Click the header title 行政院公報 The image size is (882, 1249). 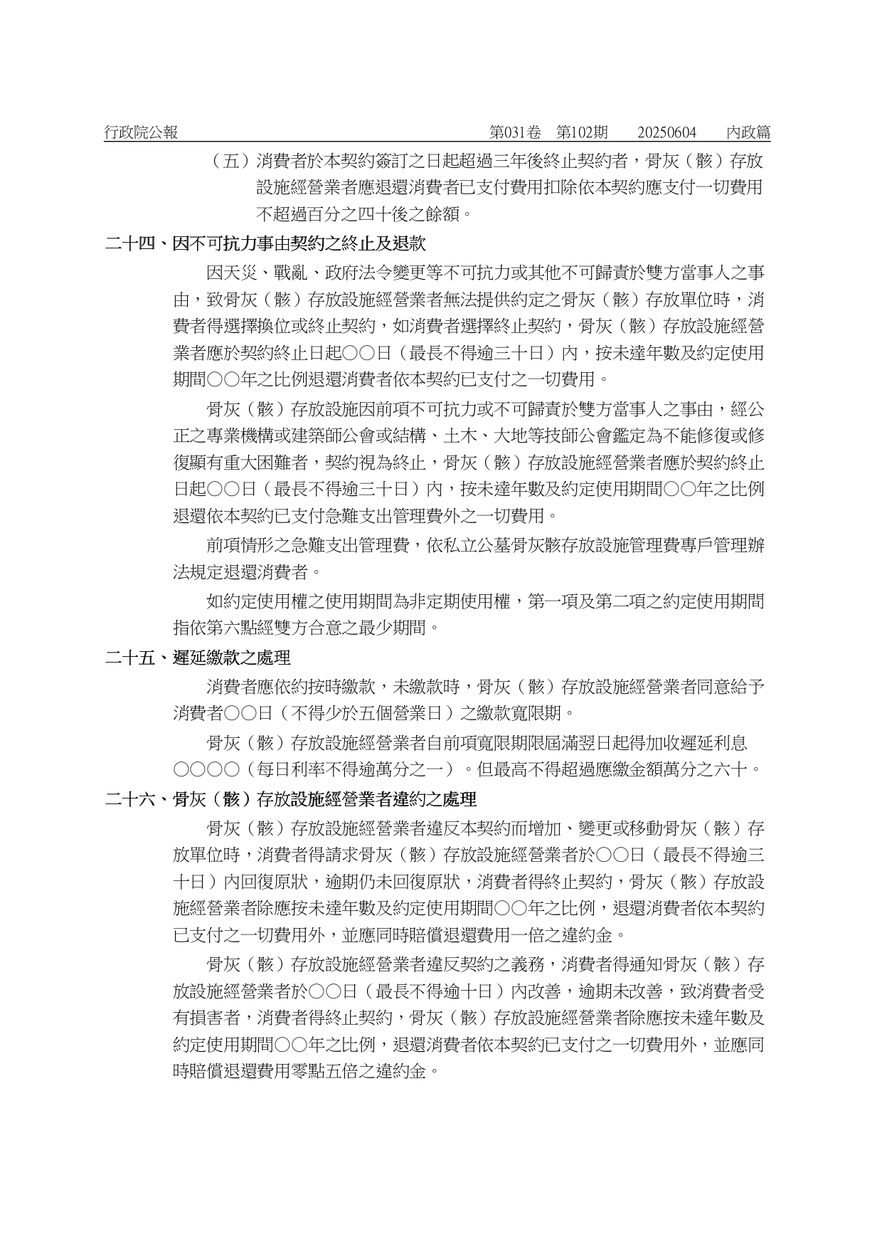tap(141, 132)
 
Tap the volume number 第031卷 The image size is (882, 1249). tap(515, 132)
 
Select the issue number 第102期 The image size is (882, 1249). tap(582, 132)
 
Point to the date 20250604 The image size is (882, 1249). tap(666, 132)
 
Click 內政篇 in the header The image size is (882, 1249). tap(748, 132)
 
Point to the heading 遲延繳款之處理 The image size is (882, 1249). tap(232, 658)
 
